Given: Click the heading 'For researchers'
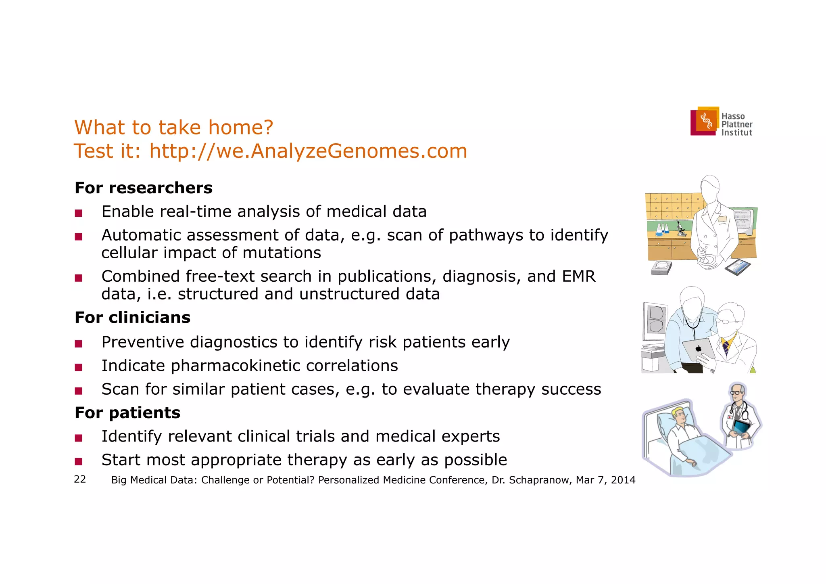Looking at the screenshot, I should [143, 188].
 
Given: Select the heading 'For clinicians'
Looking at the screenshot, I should [132, 318].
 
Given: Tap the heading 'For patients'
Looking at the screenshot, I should [127, 413].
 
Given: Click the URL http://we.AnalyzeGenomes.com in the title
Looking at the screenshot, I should [308, 151].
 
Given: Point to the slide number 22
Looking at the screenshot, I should [80, 479].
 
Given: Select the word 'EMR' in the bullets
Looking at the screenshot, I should [578, 276].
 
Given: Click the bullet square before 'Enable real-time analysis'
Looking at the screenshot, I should [79, 213].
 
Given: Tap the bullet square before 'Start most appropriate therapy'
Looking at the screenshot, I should [79, 461].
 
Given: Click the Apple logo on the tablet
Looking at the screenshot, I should [699, 349].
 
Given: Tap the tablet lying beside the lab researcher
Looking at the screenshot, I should [738, 267].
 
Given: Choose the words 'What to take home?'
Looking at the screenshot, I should [174, 128].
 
